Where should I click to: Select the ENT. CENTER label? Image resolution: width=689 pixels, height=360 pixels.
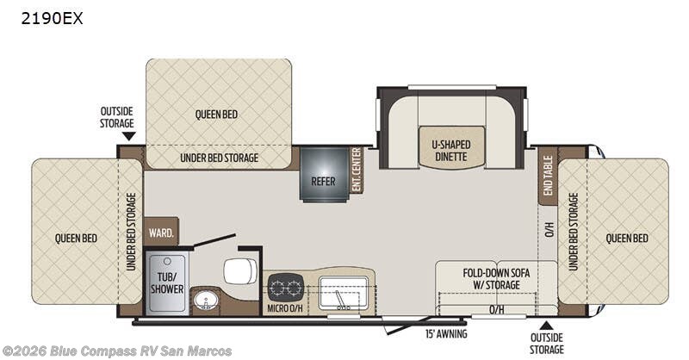point(356,171)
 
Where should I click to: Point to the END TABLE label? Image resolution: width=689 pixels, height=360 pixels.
point(547,175)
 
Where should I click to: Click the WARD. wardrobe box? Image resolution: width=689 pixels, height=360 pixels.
point(162,232)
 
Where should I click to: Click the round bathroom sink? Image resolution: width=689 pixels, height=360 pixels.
point(206,301)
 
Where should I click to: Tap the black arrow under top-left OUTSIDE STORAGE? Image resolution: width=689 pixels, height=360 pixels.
point(128,135)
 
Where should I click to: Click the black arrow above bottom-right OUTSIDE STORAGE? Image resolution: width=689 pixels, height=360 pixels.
point(546,324)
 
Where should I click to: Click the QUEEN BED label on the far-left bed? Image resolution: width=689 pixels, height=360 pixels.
point(76,238)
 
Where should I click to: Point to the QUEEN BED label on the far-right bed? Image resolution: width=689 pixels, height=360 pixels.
point(626,238)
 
